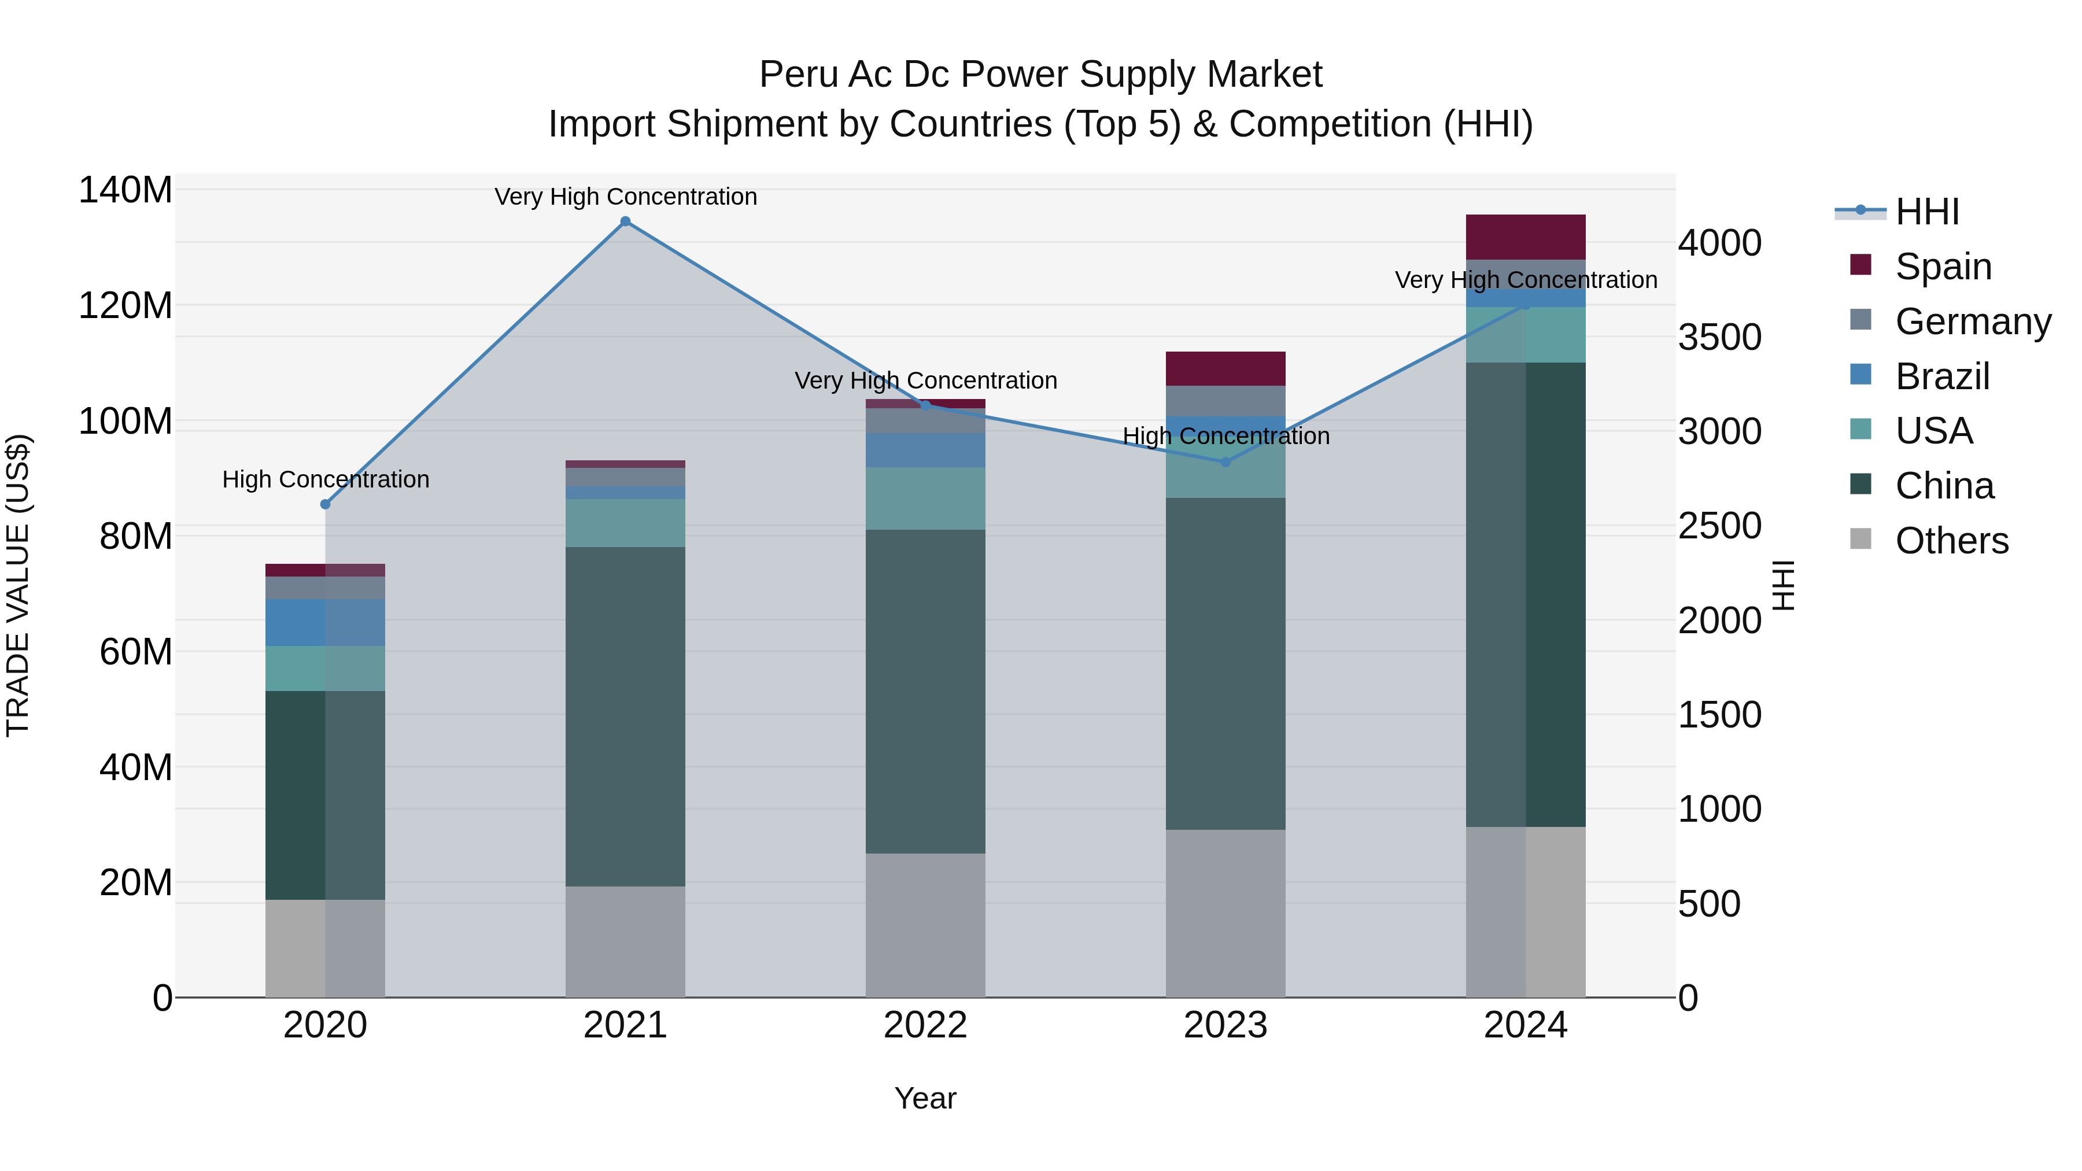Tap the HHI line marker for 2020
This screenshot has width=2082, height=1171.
325,504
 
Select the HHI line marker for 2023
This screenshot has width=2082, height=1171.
1225,462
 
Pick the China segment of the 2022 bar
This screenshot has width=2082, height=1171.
925,691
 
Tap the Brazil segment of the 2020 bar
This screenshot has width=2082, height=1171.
325,622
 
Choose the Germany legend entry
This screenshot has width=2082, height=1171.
1972,322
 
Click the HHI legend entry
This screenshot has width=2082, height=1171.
1927,212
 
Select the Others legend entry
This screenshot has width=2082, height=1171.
1951,541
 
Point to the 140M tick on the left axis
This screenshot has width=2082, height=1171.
125,191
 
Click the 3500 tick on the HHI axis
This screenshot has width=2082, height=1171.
1719,338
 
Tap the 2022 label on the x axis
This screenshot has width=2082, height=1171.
925,1025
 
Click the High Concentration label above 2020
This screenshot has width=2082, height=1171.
325,479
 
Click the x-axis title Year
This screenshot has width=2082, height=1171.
925,1098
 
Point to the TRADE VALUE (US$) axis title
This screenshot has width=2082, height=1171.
18,585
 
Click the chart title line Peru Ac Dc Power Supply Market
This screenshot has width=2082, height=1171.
1040,75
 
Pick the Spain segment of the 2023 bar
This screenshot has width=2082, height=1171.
1225,368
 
